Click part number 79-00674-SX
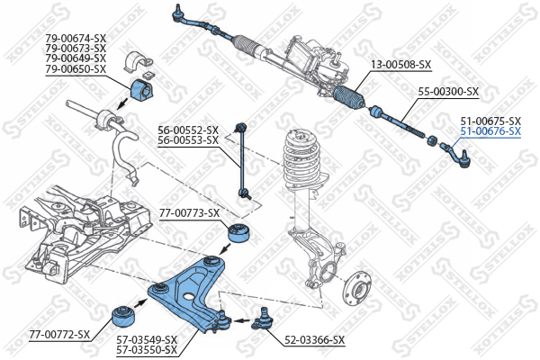pos(75,37)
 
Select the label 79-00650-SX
pos(75,69)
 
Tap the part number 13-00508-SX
pos(401,65)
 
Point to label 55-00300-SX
pos(448,92)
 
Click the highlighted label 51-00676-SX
pos(490,131)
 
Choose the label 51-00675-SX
pos(490,121)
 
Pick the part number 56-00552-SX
pos(188,130)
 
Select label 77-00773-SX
pos(189,213)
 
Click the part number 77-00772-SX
pos(59,335)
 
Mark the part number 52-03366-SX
pos(314,339)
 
